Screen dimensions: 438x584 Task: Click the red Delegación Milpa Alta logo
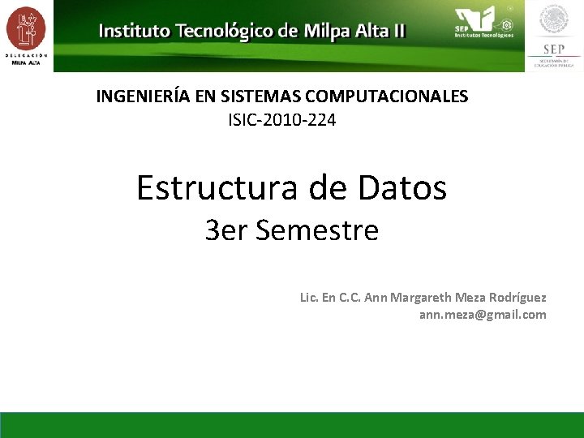point(26,29)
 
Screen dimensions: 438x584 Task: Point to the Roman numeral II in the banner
point(397,32)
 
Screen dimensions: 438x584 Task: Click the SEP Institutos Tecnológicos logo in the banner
point(483,23)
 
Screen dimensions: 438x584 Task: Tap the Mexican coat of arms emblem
point(554,19)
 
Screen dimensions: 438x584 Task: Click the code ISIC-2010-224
point(282,121)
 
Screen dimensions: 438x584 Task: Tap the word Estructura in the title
point(213,188)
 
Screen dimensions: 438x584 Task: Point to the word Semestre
point(317,231)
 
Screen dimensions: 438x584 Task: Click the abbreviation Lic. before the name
point(309,298)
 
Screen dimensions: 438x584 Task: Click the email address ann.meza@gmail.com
point(483,315)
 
